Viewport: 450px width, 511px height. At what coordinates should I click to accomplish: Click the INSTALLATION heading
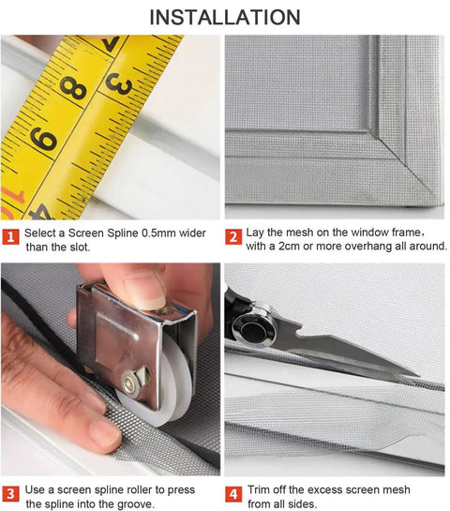tap(225, 17)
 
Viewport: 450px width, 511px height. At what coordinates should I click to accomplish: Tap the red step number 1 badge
tap(10, 236)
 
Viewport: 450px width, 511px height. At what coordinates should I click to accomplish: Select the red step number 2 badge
tap(233, 236)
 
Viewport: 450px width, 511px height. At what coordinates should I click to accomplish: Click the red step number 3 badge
tap(10, 494)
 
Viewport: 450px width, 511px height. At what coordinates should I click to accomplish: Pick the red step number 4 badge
tap(233, 494)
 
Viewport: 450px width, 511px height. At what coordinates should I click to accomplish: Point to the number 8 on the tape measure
tap(73, 88)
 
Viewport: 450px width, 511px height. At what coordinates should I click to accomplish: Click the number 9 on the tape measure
tap(43, 139)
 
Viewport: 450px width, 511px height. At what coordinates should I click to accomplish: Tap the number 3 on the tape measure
tap(119, 83)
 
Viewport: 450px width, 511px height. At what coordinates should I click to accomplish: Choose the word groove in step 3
tap(134, 504)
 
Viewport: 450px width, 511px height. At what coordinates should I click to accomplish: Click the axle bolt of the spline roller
tap(130, 382)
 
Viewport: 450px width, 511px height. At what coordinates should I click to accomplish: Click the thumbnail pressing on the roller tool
tap(145, 292)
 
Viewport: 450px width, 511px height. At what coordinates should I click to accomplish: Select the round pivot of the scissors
tap(253, 330)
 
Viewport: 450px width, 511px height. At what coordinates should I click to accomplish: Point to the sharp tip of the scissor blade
tap(418, 375)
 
